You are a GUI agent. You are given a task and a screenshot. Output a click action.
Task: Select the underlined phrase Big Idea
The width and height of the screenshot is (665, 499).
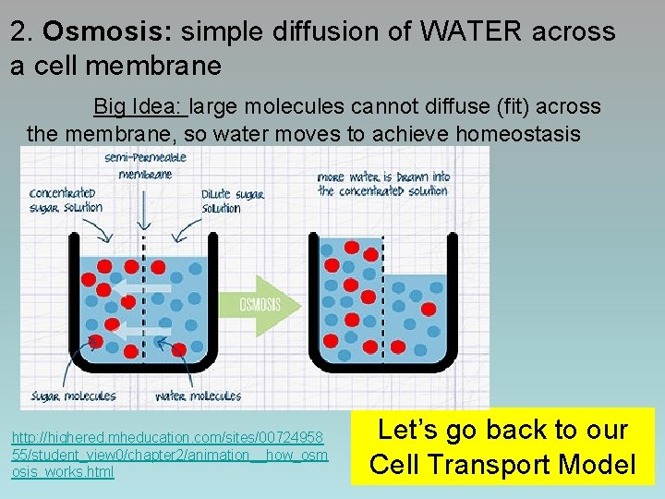(x=140, y=107)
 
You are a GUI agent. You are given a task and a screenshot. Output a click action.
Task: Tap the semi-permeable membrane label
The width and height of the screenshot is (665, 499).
(x=145, y=165)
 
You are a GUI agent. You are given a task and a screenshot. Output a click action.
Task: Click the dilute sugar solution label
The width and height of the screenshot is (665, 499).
(x=233, y=201)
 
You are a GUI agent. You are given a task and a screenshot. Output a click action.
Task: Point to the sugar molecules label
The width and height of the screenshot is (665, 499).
(x=74, y=396)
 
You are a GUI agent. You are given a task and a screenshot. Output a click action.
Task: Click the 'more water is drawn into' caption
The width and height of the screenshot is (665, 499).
(x=383, y=184)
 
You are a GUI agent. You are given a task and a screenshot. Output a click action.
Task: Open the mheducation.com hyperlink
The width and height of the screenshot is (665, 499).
(x=169, y=454)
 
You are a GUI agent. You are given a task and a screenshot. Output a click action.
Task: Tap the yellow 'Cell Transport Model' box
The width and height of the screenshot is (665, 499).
(x=502, y=446)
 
